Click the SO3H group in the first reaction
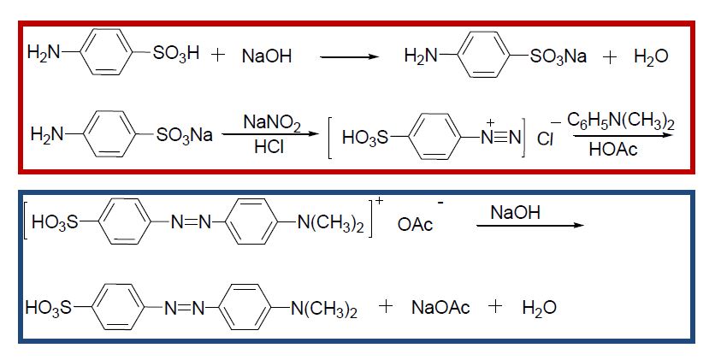176,56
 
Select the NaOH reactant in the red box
267,56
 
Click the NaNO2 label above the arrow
272,121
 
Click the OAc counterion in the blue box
417,225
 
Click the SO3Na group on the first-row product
558,57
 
